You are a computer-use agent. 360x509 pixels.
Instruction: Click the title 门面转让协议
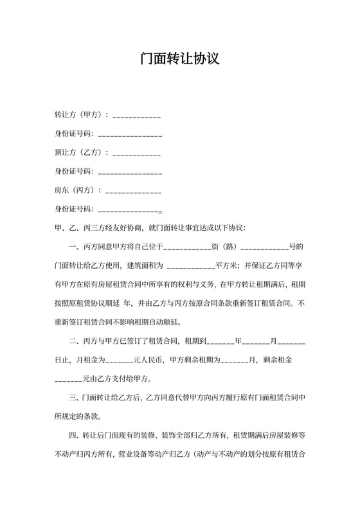tap(180, 59)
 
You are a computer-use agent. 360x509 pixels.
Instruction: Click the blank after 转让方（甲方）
tap(136, 116)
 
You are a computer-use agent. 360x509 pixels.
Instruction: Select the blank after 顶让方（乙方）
tap(136, 153)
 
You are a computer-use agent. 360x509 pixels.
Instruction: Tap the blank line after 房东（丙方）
tap(133, 191)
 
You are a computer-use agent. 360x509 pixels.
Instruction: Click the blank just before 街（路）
tap(188, 247)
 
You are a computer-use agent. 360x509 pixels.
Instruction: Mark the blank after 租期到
tap(221, 341)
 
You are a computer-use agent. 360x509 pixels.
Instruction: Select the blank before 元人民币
tap(119, 360)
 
